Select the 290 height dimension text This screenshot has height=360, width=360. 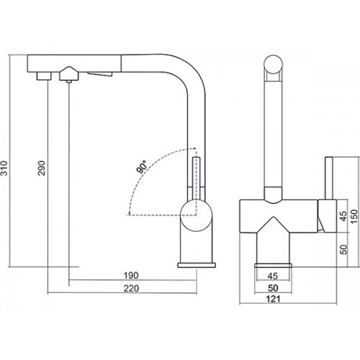pos(42,168)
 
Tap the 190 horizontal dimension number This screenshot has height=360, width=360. pos(131,275)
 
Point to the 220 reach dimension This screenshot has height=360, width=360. pos(131,288)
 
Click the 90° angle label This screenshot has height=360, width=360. pos(142,166)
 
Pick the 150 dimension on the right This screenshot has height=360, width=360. pos(354,216)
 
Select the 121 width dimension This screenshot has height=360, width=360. pos(273,299)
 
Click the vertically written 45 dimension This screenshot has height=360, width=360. pos(343,216)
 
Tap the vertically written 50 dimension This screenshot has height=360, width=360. pos(343,249)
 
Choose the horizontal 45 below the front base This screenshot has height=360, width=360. pos(272,276)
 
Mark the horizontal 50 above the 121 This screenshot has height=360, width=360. pos(273,288)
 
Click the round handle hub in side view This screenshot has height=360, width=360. pos(197,215)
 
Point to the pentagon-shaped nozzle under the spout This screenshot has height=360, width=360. pos(69,73)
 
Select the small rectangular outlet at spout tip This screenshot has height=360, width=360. pos(44,76)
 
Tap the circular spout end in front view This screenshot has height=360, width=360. pos(273,64)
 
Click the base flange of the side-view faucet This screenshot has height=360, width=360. pos(197,265)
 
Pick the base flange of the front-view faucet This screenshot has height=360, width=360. pos(273,265)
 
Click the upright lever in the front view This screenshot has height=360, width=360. pos(329,179)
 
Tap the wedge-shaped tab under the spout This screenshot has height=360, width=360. pos(100,74)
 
